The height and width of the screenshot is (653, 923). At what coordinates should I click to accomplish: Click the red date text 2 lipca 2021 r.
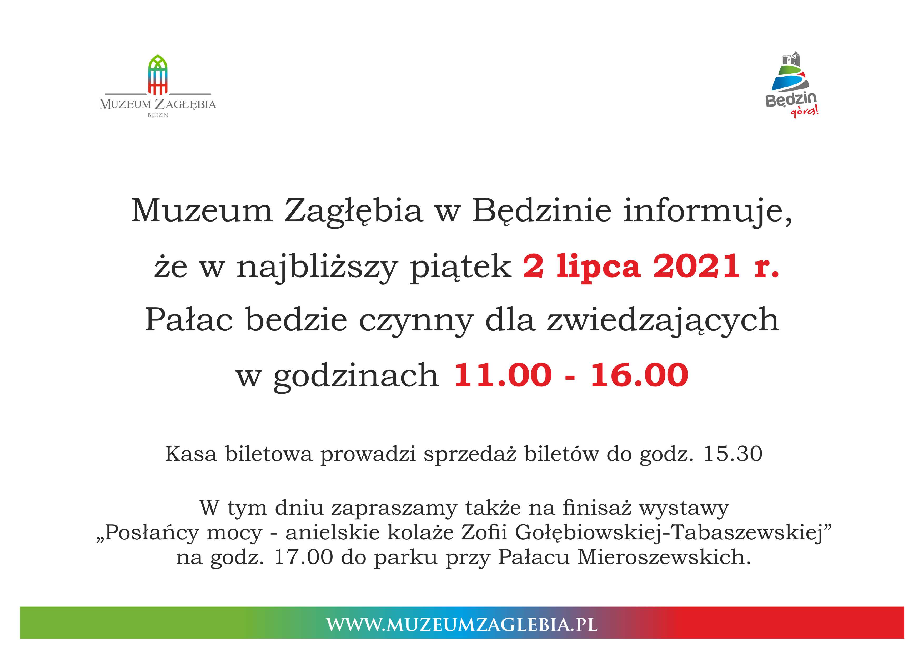[x=651, y=266]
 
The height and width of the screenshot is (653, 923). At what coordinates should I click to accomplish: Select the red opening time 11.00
[x=503, y=375]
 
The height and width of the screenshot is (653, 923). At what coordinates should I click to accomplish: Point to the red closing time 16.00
[x=639, y=375]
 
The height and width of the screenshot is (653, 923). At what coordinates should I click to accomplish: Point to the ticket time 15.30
[x=733, y=454]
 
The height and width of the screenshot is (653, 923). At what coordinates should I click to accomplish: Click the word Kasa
[x=191, y=454]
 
